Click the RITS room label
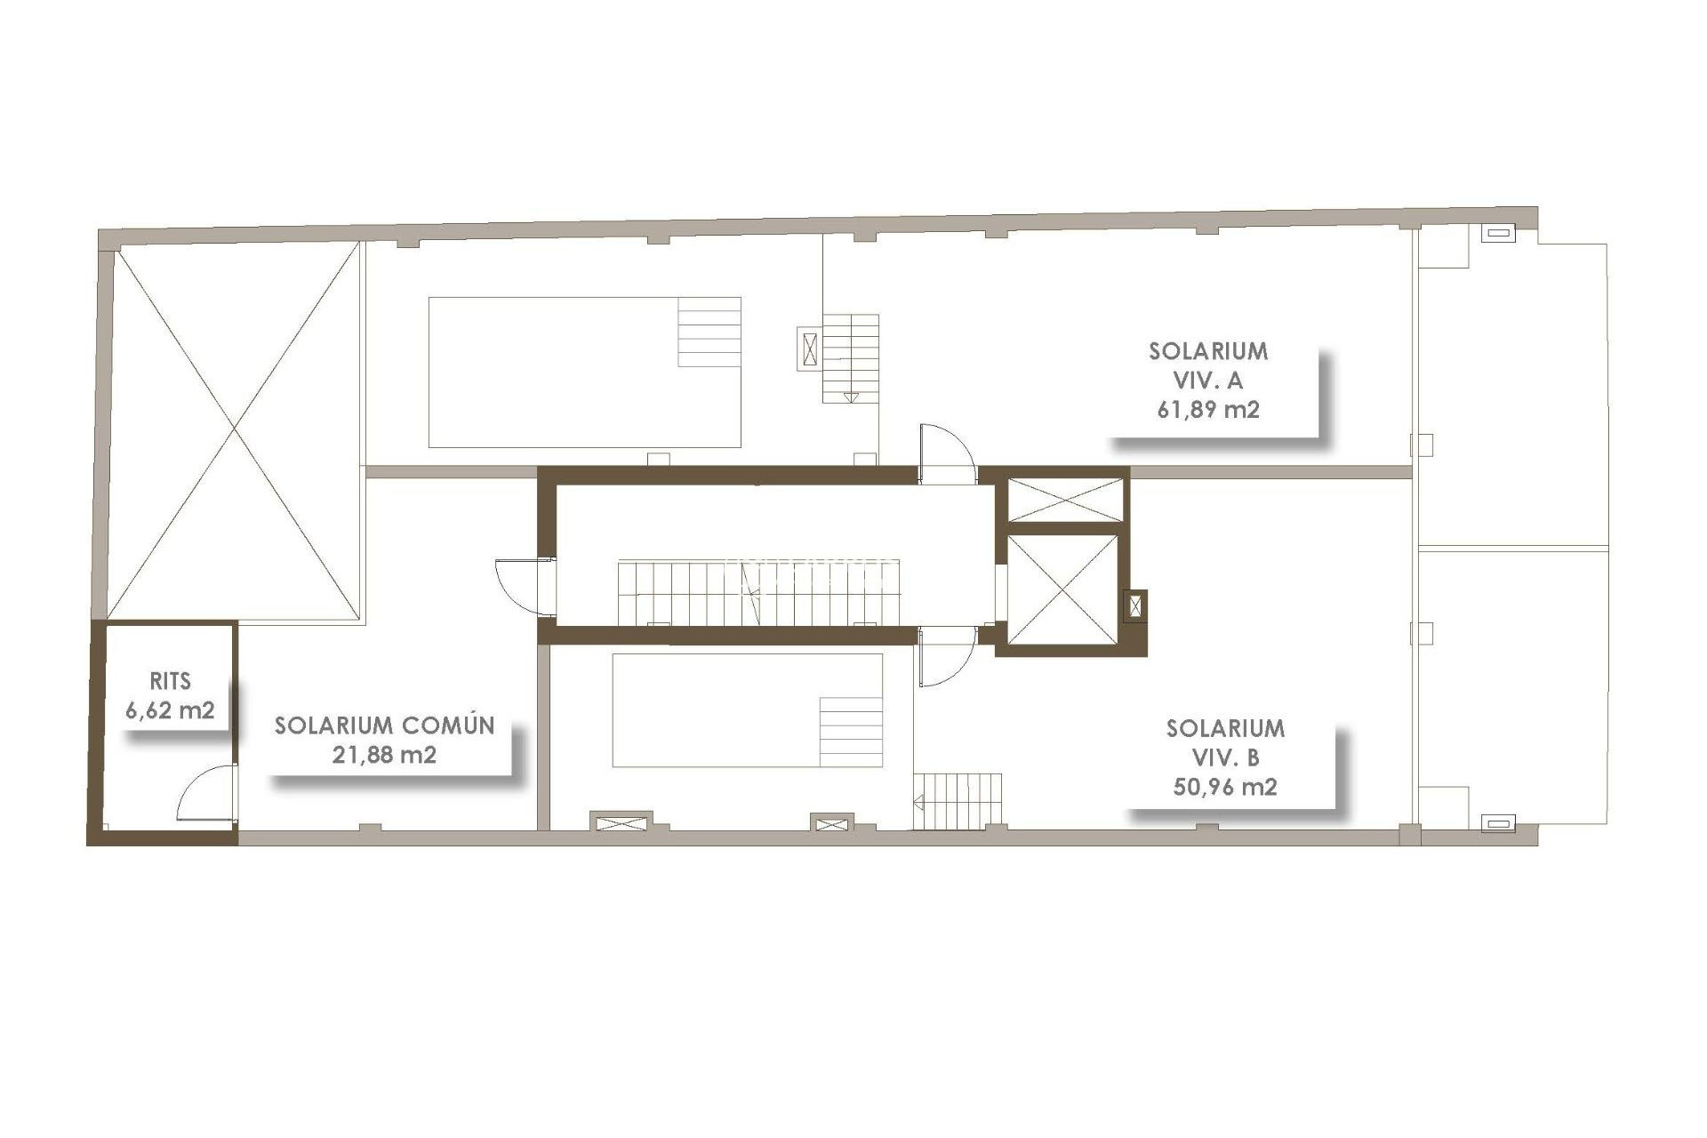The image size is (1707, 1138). click(x=170, y=682)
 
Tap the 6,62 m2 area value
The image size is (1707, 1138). click(x=170, y=710)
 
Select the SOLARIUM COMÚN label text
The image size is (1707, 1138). click(x=384, y=725)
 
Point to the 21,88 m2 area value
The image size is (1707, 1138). click(x=384, y=755)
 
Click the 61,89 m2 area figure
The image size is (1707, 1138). click(x=1207, y=410)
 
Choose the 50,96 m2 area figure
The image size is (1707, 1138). click(x=1224, y=787)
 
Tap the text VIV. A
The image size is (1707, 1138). click(x=1207, y=381)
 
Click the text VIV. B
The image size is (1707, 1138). click(x=1224, y=757)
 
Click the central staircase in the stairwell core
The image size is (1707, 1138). click(x=758, y=592)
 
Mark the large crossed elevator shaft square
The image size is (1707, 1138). click(x=1063, y=589)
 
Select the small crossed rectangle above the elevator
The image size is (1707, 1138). click(x=1065, y=500)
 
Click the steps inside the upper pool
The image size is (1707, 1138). click(x=709, y=332)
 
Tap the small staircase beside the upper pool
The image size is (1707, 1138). click(x=850, y=358)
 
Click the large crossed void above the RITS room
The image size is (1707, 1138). click(x=235, y=430)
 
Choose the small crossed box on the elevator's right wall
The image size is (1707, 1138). click(x=1135, y=607)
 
